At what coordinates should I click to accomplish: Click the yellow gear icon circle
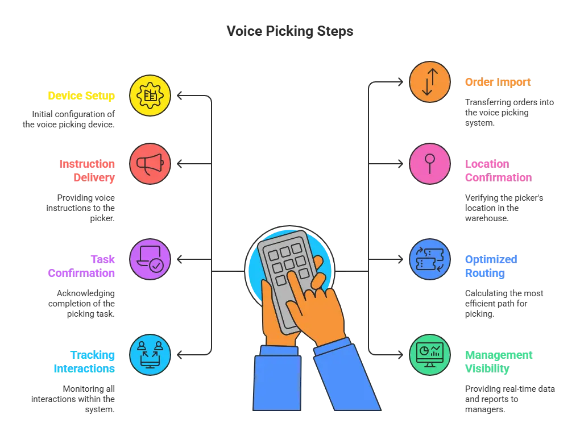coord(150,96)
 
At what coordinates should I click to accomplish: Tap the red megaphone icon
coord(150,164)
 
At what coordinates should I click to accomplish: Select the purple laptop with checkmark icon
coord(150,259)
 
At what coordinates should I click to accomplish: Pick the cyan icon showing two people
coord(150,354)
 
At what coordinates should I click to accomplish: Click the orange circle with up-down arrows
coord(430,82)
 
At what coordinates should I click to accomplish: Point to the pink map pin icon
coord(430,164)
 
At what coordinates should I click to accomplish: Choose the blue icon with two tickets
coord(430,259)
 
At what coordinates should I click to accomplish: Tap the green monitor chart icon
coord(430,355)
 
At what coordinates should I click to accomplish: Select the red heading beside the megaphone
coord(88,171)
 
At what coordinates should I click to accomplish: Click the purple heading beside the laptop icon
coord(82,266)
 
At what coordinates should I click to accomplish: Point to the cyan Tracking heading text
coord(84,362)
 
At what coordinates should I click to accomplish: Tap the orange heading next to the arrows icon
coord(498,82)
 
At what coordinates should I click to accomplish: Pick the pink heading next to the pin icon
coord(498,171)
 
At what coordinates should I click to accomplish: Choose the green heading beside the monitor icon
coord(499,362)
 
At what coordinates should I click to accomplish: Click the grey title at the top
coord(289,31)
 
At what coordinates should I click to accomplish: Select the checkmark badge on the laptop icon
coord(156,265)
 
